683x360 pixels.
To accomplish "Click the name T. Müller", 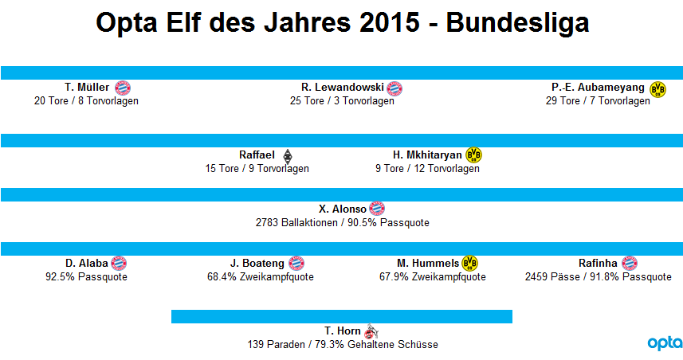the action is tap(87, 88).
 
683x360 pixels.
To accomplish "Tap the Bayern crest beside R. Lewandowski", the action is tap(394, 88).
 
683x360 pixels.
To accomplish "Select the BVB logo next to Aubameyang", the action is tap(657, 89).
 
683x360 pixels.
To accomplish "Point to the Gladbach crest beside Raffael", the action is tap(288, 156).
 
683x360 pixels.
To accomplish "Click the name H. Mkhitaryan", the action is tap(427, 155).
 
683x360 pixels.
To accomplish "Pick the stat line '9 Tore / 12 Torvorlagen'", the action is tap(427, 169).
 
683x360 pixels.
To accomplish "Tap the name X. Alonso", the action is tap(343, 209).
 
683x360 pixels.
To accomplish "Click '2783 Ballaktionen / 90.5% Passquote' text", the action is tap(343, 223).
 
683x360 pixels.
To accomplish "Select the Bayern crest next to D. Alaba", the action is tap(119, 264).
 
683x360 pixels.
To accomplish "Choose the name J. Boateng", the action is tap(257, 264).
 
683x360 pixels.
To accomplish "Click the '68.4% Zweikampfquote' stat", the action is tap(261, 277).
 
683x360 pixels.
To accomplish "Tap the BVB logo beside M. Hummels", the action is tap(469, 263).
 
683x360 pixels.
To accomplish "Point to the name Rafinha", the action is tap(598, 264).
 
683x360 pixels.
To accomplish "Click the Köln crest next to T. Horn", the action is tap(371, 331).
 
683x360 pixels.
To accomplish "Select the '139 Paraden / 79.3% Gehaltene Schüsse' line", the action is tap(343, 345).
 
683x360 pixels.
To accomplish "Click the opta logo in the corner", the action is tap(665, 343).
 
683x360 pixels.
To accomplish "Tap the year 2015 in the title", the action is tap(390, 22).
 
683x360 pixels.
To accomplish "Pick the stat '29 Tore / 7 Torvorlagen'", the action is tap(598, 101).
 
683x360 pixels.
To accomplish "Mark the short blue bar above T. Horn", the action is tap(342, 316).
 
